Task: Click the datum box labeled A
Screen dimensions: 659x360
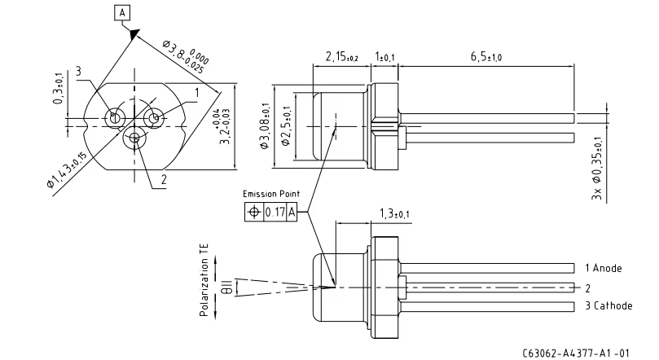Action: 122,13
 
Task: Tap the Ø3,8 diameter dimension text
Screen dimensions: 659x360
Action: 186,56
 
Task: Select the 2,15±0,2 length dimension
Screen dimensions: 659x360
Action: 341,57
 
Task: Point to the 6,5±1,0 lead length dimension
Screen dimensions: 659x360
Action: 485,57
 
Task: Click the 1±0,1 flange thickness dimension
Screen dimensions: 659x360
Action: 384,57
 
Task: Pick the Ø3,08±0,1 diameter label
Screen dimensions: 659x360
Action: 265,125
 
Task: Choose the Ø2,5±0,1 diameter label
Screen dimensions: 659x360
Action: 286,125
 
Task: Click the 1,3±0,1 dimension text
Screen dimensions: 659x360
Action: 394,214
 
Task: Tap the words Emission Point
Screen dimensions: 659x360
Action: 271,194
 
